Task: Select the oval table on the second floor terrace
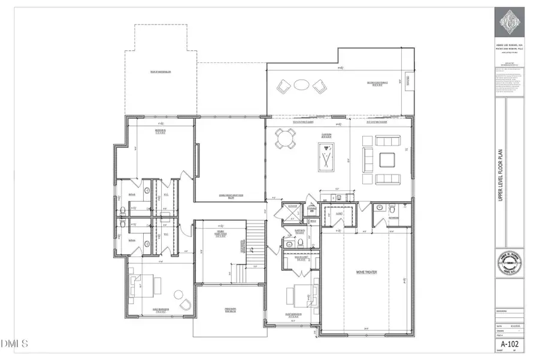[x=302, y=85]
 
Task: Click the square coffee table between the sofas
[x=386, y=160]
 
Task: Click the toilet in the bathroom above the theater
[x=378, y=209]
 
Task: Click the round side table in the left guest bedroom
[x=178, y=294]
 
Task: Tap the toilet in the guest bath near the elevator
[x=289, y=244]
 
